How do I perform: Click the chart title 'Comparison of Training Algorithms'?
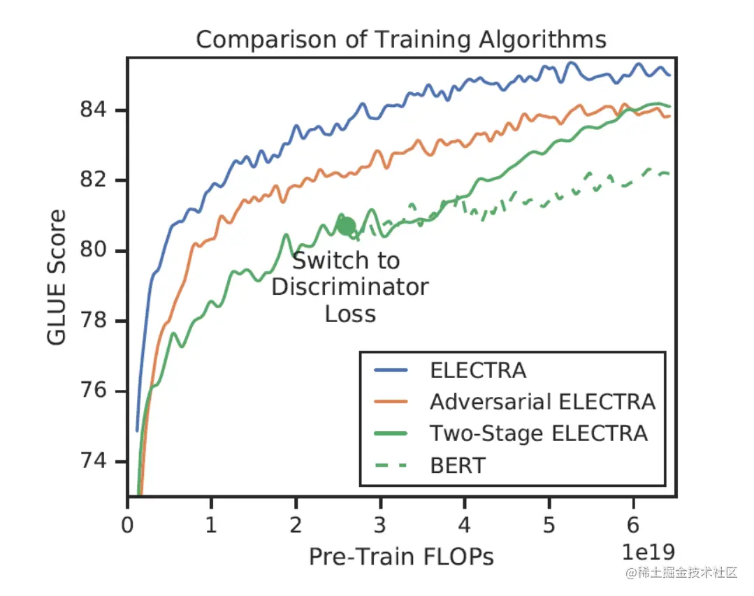click(400, 39)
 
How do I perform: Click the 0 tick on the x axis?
click(127, 523)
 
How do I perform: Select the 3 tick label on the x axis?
click(381, 523)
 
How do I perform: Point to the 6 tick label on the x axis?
click(634, 523)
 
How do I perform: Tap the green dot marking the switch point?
click(346, 226)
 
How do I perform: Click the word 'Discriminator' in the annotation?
click(349, 287)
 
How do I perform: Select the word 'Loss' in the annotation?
click(350, 314)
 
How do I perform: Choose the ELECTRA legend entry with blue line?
click(477, 370)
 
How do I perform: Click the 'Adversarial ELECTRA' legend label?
click(542, 402)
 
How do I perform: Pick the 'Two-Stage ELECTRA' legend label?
click(538, 433)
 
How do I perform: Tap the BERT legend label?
click(457, 465)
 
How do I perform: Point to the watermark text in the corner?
click(681, 573)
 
